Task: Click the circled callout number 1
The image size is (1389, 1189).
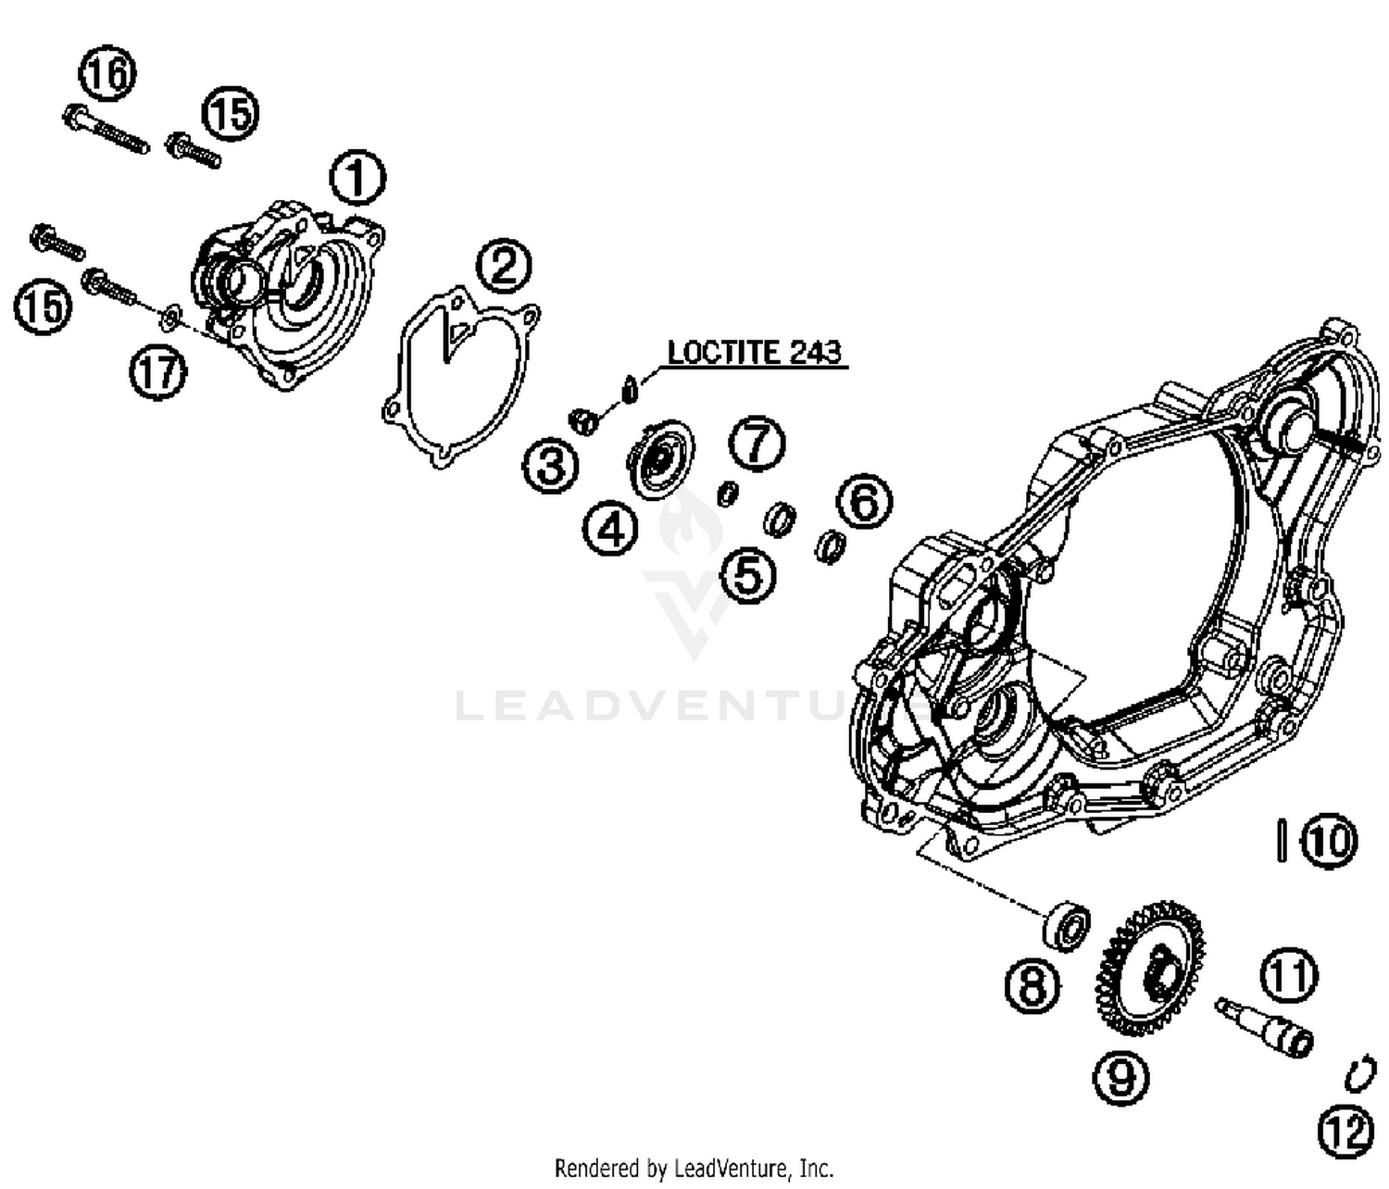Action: click(x=357, y=179)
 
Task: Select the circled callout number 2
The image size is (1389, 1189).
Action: click(x=504, y=268)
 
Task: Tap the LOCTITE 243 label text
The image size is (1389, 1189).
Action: click(x=755, y=353)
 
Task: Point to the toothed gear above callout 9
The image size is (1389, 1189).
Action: click(x=1152, y=969)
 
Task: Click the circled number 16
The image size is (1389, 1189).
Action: click(x=107, y=73)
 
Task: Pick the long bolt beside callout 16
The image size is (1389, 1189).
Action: click(x=106, y=131)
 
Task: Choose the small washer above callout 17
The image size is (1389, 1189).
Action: click(x=169, y=319)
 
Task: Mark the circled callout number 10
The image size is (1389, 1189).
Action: click(x=1328, y=841)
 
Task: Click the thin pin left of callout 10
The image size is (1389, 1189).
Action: click(x=1282, y=840)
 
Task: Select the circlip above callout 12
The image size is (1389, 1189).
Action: click(x=1359, y=1075)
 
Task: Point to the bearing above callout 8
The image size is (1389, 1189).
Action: click(x=1068, y=924)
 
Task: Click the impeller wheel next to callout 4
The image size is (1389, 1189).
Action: click(x=660, y=459)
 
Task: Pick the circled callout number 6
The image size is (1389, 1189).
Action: click(x=863, y=502)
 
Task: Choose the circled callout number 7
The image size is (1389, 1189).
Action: click(x=757, y=444)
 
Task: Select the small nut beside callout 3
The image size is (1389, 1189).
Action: click(x=582, y=421)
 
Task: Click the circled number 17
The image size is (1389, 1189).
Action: click(x=157, y=372)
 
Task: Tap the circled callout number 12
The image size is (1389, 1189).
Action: click(x=1345, y=1132)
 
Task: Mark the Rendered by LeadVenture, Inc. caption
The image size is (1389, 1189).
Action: click(x=694, y=1168)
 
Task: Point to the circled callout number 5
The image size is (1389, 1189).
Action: click(x=748, y=576)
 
